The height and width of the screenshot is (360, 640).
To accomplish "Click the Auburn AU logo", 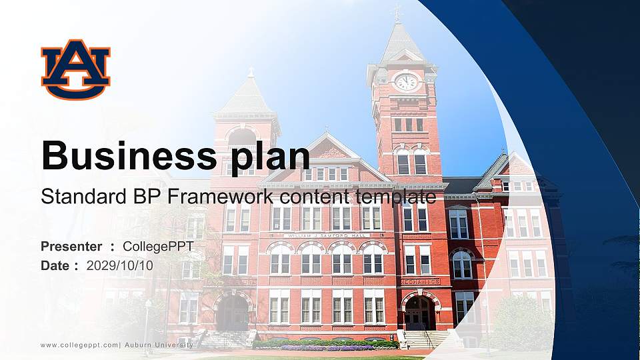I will (75, 69).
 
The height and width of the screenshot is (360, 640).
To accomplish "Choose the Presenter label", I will (71, 247).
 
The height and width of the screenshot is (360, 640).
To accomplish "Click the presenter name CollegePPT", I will (158, 247).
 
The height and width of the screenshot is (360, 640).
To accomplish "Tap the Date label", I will (55, 265).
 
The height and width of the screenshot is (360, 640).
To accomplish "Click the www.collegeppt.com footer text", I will (79, 345).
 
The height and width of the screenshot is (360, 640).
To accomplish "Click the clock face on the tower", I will (405, 82).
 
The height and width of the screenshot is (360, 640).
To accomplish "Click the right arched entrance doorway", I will (419, 313).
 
